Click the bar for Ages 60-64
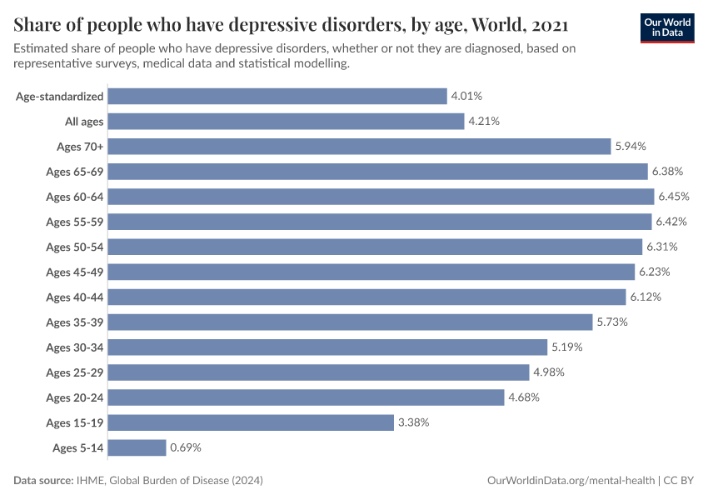tap(381, 197)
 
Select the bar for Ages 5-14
tap(137, 447)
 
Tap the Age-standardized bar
tap(277, 97)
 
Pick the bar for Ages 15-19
tap(251, 422)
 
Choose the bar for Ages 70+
tap(359, 147)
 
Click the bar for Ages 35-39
tap(351, 322)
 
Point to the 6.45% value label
tap(674, 197)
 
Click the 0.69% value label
tap(186, 447)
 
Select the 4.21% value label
tap(484, 122)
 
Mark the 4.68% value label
tap(524, 397)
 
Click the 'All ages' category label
tap(84, 122)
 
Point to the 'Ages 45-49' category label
tap(75, 272)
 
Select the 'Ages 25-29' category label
tap(75, 372)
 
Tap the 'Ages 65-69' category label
tap(75, 172)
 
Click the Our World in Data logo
tap(666, 27)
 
